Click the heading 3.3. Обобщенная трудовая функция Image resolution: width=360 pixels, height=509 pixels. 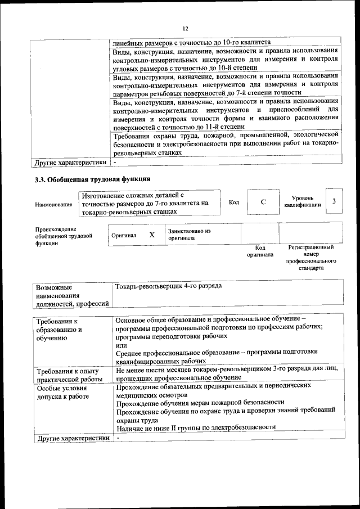[x=92, y=180]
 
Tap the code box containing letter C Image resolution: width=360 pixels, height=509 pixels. [x=263, y=202]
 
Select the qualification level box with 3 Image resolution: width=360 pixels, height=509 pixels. [x=334, y=201]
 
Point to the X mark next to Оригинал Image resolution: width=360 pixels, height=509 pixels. [x=152, y=235]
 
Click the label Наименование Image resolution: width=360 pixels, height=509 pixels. [x=53, y=204]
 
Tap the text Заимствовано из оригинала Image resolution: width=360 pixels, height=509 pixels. [x=189, y=235]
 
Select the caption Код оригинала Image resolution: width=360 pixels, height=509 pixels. [x=260, y=251]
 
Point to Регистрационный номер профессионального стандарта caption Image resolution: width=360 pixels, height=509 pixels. [x=310, y=258]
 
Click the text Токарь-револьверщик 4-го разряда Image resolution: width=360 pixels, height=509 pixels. [x=168, y=286]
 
